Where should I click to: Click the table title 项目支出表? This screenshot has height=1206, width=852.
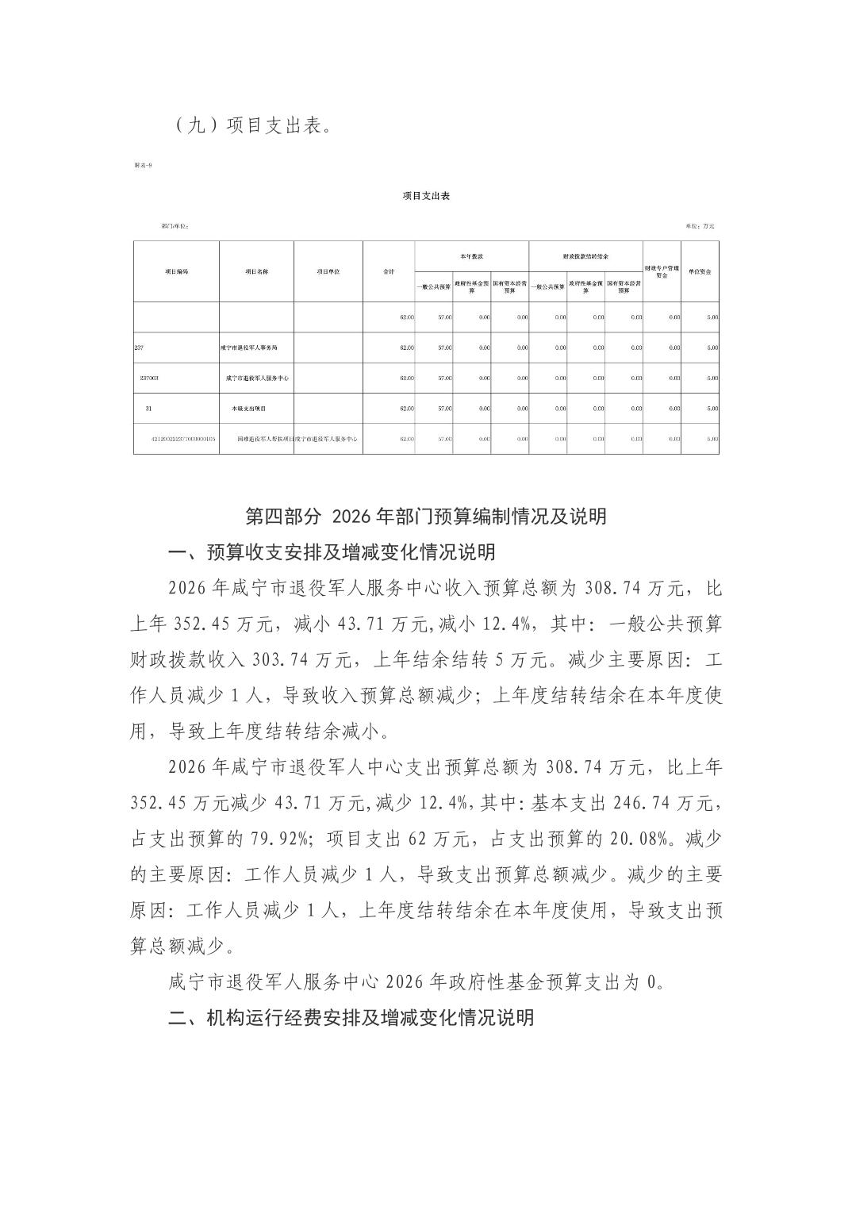click(x=426, y=195)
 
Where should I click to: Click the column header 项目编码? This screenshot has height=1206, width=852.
click(x=177, y=271)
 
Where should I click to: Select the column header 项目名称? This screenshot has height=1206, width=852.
click(x=256, y=271)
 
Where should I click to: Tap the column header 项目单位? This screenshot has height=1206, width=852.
click(x=328, y=271)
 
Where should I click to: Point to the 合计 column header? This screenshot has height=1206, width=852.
click(x=389, y=271)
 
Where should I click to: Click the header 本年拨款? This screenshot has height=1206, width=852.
click(x=471, y=257)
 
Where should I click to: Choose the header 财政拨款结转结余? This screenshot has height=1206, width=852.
click(x=585, y=257)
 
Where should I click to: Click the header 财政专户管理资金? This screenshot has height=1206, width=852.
click(x=662, y=271)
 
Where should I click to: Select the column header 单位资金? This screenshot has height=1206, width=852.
click(x=700, y=271)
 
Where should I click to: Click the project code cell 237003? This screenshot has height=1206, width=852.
click(x=149, y=378)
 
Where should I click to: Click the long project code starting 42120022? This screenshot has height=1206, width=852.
click(x=183, y=439)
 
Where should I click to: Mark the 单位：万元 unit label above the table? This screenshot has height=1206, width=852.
click(x=700, y=226)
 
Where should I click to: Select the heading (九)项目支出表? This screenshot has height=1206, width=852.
click(x=250, y=125)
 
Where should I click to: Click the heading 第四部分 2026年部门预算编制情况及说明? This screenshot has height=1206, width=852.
click(x=426, y=517)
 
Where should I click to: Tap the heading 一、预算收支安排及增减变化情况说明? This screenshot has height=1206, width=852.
click(x=332, y=551)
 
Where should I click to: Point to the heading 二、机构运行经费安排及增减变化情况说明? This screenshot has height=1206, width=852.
click(x=351, y=1017)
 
